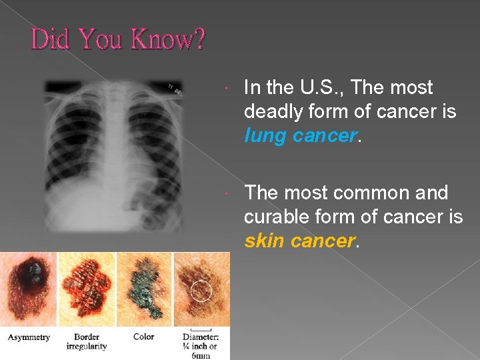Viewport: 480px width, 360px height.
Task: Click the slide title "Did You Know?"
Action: [x=118, y=40]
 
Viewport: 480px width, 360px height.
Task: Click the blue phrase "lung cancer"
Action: [x=301, y=135]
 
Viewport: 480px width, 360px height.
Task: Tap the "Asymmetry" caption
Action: [x=29, y=337]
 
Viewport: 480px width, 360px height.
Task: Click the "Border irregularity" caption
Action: [x=87, y=341]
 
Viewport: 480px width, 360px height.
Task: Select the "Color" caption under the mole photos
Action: [x=143, y=337]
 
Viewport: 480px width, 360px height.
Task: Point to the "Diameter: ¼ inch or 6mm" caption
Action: [x=201, y=345]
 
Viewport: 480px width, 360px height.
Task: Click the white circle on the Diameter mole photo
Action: [x=201, y=291]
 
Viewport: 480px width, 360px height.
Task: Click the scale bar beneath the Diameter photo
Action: [x=201, y=329]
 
